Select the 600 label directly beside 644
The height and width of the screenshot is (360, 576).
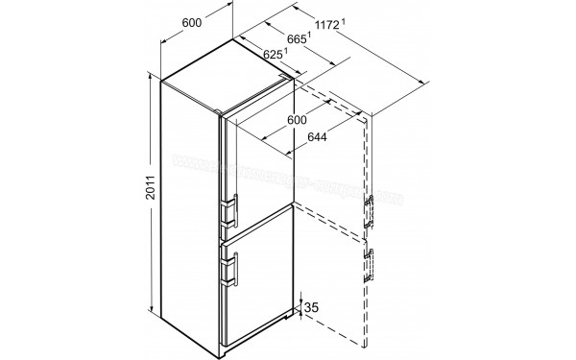click(296, 121)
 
